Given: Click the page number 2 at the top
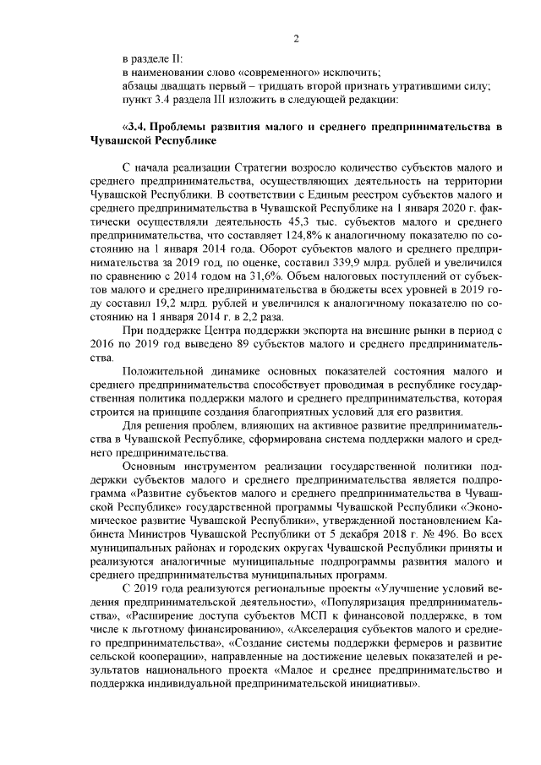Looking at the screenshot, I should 296,38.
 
